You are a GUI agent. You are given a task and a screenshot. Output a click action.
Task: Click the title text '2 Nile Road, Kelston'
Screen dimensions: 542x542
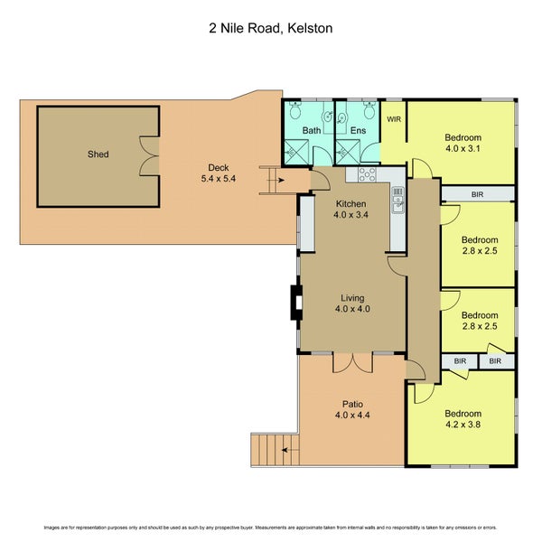tap(270, 28)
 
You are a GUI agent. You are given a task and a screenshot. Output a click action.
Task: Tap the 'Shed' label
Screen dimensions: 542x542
tap(98, 154)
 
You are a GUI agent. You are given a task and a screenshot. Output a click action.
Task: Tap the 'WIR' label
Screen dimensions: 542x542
tap(394, 118)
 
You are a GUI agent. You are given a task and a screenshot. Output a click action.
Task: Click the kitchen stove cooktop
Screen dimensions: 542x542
tap(367, 173)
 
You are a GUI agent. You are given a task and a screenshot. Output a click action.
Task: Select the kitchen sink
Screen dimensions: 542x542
tap(397, 207)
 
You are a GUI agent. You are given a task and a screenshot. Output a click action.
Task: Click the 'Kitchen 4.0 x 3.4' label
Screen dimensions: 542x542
tap(351, 210)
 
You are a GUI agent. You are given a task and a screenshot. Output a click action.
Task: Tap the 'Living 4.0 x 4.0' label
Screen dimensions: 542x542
tap(351, 303)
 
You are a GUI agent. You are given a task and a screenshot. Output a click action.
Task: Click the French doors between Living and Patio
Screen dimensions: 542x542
tap(351, 361)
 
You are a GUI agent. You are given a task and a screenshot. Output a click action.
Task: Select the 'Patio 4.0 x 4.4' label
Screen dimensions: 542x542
tap(351, 410)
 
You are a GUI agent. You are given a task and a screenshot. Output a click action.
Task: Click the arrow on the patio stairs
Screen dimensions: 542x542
tap(286, 448)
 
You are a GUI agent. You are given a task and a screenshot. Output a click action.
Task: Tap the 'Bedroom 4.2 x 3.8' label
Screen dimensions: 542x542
tap(463, 419)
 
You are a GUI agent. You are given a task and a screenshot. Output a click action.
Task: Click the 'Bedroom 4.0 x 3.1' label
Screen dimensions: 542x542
tap(463, 142)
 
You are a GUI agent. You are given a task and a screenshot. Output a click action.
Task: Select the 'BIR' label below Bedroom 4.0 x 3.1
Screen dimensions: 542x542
tap(477, 194)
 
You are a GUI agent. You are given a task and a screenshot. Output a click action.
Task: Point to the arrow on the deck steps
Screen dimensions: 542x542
tap(282, 180)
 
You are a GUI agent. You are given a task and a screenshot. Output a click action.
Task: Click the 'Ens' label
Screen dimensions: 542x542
tap(358, 132)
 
